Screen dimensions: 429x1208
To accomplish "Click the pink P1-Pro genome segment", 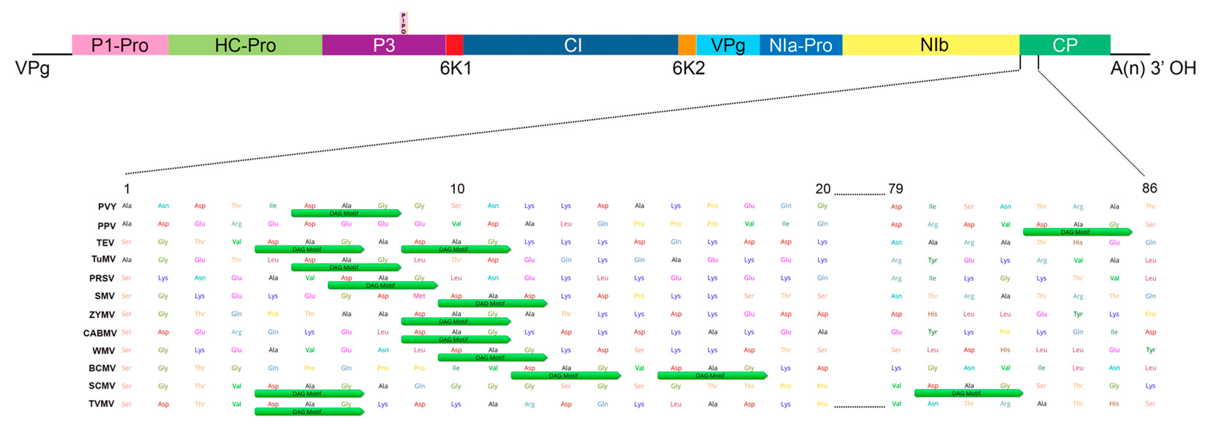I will (120, 45).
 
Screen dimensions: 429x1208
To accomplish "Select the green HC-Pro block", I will (245, 45).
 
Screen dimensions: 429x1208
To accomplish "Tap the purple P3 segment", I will (383, 45).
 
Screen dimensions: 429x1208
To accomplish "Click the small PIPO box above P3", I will (404, 23).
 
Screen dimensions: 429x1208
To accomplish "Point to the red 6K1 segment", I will (454, 45).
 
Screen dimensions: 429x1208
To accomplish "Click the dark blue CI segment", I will (572, 45).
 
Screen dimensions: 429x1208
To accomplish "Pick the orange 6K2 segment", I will (687, 45).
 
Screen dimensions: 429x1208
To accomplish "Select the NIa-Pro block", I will (801, 45).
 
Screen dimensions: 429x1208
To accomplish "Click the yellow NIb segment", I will (933, 45).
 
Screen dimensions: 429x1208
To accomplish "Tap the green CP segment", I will (1064, 45).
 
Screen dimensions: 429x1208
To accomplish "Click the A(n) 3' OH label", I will (1153, 68).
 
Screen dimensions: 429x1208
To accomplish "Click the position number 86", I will (1149, 188).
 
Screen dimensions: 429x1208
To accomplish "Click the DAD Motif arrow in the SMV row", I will (491, 303).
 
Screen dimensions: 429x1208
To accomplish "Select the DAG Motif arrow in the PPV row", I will (1077, 232).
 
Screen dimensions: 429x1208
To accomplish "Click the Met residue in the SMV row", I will (419, 296).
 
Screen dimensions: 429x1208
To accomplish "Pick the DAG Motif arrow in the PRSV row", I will (382, 285).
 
